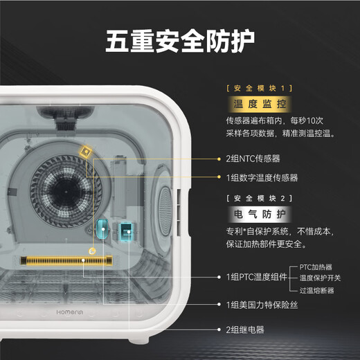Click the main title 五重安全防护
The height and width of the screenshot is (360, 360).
pos(180,41)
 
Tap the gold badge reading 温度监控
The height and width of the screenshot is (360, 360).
pos(260,104)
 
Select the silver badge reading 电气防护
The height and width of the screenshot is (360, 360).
pos(260,214)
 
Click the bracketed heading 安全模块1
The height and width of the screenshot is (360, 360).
pos(260,88)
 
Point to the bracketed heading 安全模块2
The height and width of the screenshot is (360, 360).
pos(260,198)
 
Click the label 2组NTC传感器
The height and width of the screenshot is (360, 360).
pos(253,159)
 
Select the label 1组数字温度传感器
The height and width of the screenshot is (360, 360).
pos(262,178)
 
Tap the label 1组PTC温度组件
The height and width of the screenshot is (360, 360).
pos(257,277)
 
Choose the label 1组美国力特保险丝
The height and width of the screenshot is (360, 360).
pos(262,305)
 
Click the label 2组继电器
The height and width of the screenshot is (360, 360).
pos(245,330)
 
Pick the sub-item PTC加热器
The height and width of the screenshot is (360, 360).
pos(316,267)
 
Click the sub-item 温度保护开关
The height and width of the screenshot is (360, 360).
pos(320,278)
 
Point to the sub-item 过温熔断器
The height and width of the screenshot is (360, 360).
pos(316,290)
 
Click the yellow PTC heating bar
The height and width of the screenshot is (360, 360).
pos(66,260)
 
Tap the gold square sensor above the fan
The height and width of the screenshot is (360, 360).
pos(86,152)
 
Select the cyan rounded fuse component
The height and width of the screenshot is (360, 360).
pos(102,229)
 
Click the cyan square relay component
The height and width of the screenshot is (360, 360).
pos(126,231)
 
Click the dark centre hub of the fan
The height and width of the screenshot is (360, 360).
pos(66,192)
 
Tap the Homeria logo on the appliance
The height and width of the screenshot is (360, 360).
pos(70,312)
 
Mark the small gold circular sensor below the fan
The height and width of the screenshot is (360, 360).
pos(92,251)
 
